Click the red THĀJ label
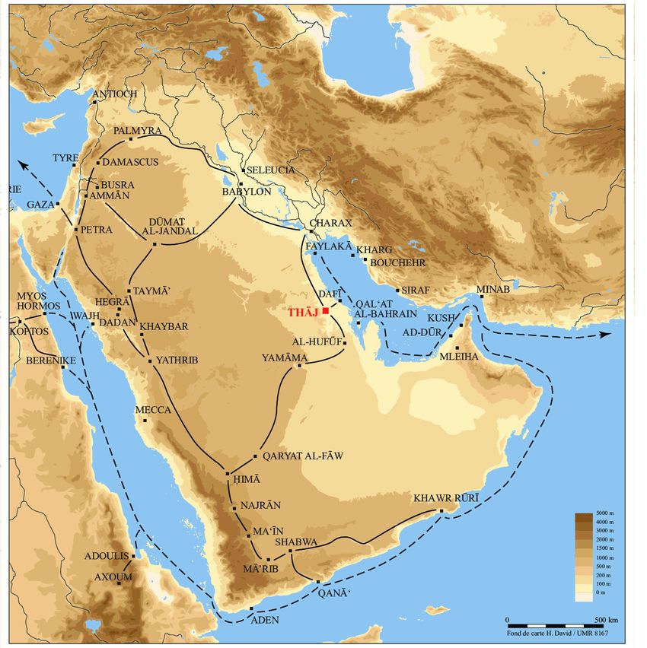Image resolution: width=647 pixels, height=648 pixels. (304, 312)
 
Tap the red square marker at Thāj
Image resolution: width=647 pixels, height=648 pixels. (325, 310)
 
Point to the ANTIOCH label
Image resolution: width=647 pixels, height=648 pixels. (115, 94)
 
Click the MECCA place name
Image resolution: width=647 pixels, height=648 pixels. (153, 410)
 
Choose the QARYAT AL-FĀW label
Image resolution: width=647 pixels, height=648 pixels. (302, 456)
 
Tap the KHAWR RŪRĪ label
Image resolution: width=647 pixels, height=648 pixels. (446, 499)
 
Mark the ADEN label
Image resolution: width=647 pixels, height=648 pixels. (264, 620)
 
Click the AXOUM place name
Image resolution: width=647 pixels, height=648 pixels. (113, 577)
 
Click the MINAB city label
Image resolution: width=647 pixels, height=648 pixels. (491, 290)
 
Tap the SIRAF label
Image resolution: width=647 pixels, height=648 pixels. (416, 291)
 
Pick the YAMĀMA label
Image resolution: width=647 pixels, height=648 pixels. (285, 357)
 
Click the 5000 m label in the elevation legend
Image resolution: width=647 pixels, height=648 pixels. (605, 515)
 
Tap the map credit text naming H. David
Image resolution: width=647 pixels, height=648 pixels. (556, 633)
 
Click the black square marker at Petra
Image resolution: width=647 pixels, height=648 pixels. (76, 229)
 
